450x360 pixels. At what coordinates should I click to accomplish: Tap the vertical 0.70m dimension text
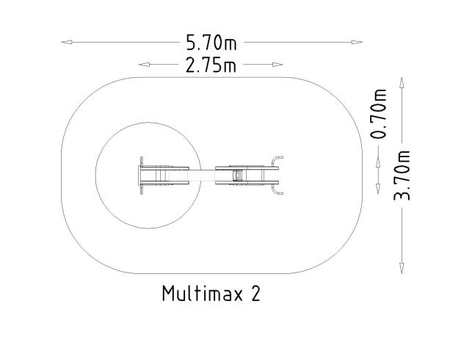379,115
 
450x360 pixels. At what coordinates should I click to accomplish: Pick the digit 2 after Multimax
255,294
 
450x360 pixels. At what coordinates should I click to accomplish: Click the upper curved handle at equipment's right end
277,160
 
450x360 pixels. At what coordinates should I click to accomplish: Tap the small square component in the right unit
237,176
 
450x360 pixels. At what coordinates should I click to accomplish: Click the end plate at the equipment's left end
141,175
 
